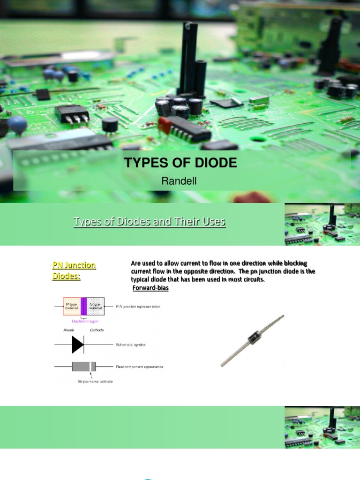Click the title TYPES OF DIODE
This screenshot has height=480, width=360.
pos(180,163)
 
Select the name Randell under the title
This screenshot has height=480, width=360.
pos(180,181)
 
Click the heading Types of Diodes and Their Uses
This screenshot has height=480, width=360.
pos(149,222)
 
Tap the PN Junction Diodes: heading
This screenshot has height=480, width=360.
pos(74,270)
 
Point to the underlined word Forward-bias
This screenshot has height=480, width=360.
pos(150,288)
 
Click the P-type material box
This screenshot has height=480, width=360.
pos(72,306)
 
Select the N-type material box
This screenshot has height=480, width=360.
pos(96,306)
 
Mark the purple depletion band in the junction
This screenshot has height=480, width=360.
pos(84,306)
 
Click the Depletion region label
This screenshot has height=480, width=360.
pos(85,321)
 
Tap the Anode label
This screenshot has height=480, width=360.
pos(69,330)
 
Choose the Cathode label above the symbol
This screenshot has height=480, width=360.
pos(97,330)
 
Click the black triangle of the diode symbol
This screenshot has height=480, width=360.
pos(77,345)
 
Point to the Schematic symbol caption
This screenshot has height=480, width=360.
pos(131,345)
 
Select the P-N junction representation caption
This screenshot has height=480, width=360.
pos(138,306)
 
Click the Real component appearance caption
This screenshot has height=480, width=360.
pos(140,367)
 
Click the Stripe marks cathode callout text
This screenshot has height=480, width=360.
pos(95,382)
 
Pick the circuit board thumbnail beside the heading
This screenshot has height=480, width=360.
pos(322,224)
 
